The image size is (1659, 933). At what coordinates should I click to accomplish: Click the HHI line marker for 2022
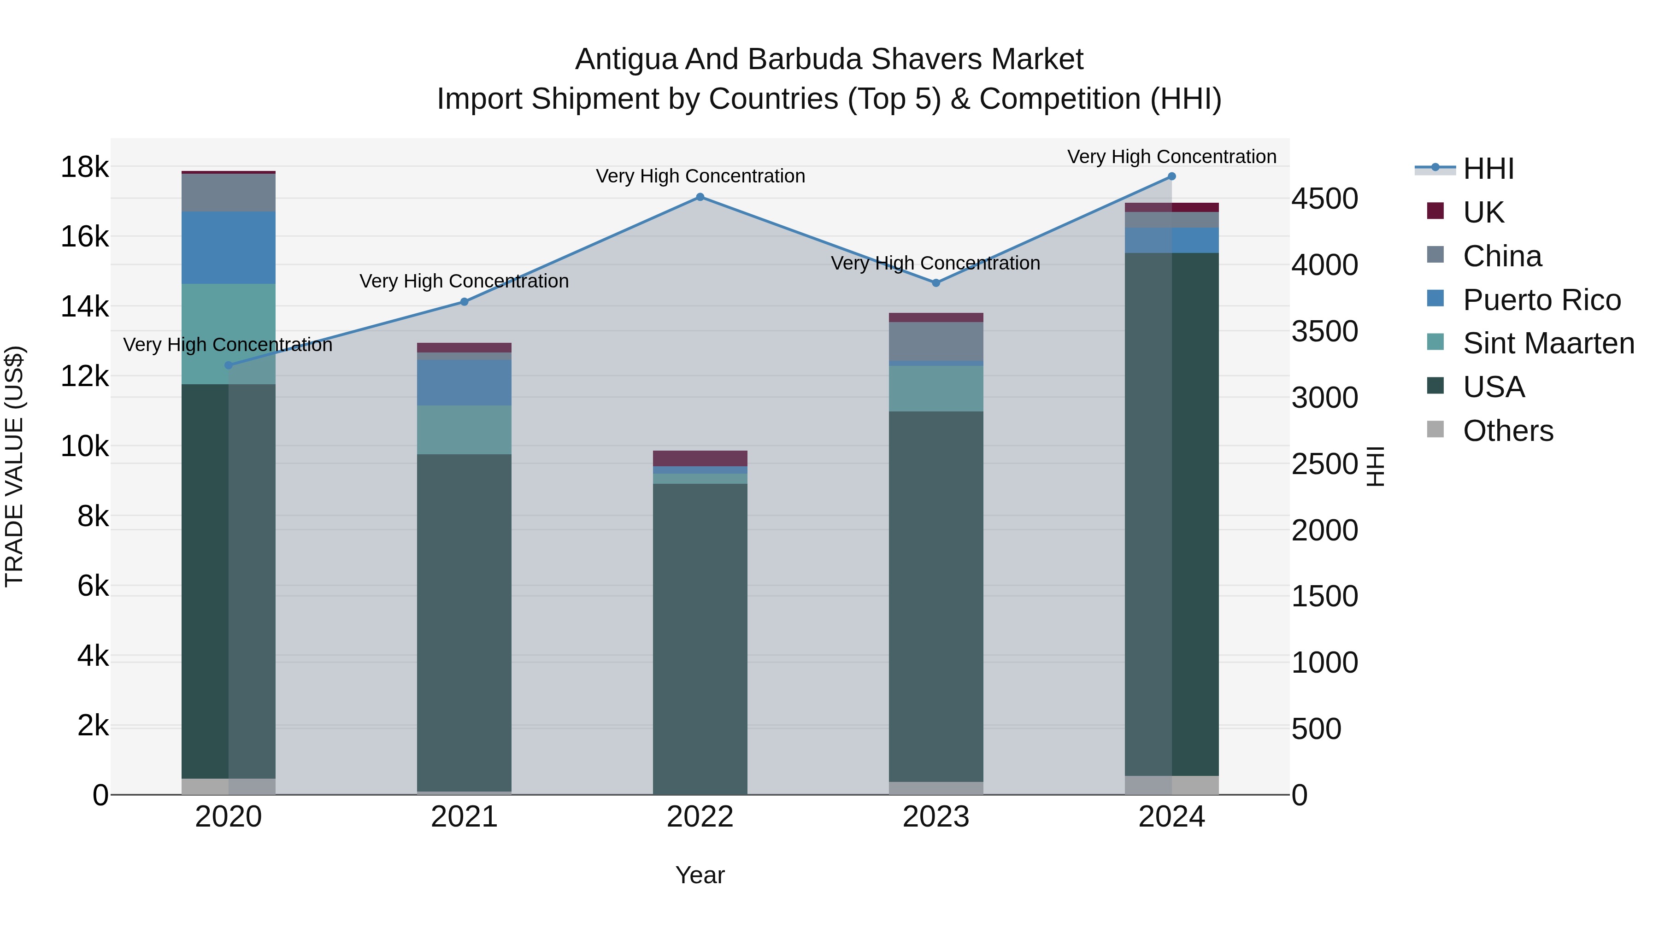point(700,197)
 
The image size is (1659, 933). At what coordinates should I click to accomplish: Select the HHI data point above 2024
point(1171,176)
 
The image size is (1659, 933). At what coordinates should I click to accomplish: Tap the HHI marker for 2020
point(229,365)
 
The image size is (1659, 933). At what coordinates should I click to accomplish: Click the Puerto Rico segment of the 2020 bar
point(229,248)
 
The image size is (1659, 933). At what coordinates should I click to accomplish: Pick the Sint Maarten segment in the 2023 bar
point(936,388)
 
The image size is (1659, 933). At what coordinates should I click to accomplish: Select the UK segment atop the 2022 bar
point(700,458)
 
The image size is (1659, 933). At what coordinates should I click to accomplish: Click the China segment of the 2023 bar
point(936,341)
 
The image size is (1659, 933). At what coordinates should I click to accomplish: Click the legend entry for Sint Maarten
point(1548,343)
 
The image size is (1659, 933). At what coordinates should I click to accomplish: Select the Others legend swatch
point(1435,429)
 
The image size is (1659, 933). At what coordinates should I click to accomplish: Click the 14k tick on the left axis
point(85,306)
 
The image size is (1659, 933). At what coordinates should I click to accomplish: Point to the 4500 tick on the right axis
point(1325,199)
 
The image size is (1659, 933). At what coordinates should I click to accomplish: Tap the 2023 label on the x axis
point(936,817)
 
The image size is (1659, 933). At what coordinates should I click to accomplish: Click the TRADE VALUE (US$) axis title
point(14,466)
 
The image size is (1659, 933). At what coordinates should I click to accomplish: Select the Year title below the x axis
point(700,875)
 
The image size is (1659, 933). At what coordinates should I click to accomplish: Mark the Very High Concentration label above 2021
point(465,282)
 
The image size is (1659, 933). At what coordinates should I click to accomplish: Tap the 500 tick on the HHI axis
point(1317,729)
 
